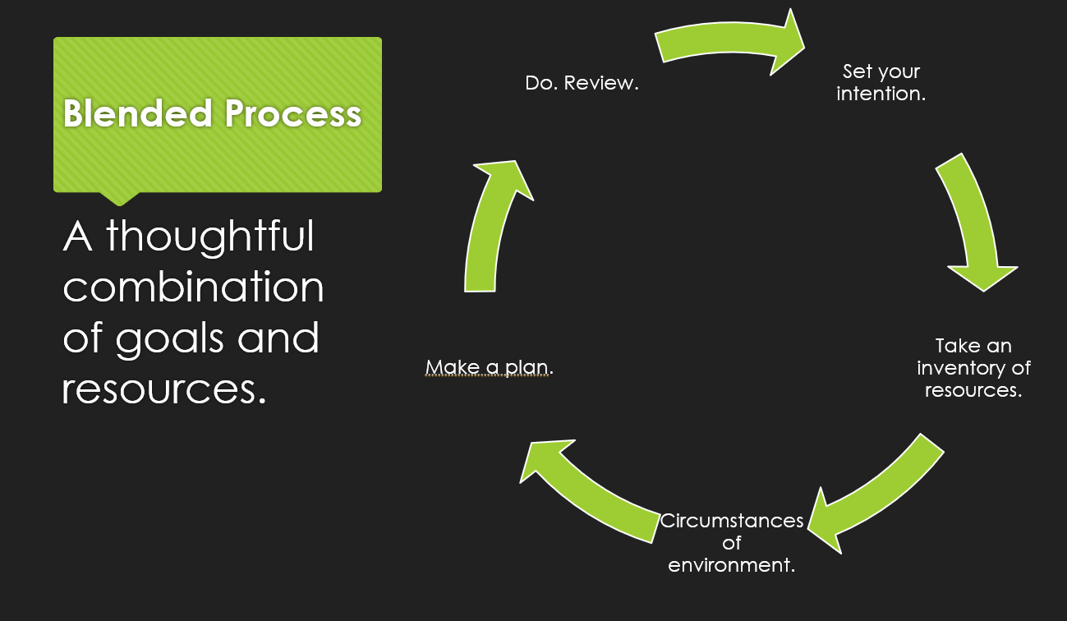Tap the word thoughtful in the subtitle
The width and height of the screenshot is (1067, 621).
(210, 237)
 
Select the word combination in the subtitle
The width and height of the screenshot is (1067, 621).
(193, 287)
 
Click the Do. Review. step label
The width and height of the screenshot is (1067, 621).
(582, 83)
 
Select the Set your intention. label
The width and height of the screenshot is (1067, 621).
(881, 82)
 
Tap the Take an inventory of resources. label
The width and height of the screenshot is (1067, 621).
(973, 367)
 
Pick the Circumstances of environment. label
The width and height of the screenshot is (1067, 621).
(731, 543)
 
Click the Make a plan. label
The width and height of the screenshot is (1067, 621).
(490, 367)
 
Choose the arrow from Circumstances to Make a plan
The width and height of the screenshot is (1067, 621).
(586, 490)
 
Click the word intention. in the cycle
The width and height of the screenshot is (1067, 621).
(881, 94)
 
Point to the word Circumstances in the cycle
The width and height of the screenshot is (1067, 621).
(732, 521)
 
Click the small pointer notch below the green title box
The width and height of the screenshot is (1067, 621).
(120, 198)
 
